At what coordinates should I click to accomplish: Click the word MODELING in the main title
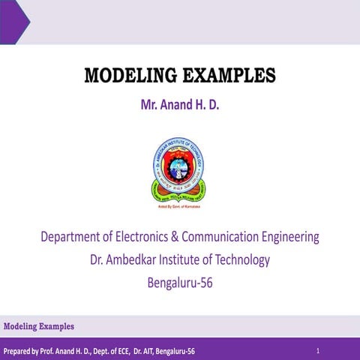pyautogui.click(x=123, y=76)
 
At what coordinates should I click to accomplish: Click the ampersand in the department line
pyautogui.click(x=199, y=238)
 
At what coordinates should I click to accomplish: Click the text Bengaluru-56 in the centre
pyautogui.click(x=180, y=283)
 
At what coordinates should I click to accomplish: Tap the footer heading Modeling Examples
pyautogui.click(x=39, y=326)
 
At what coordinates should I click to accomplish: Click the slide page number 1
pyautogui.click(x=318, y=350)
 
